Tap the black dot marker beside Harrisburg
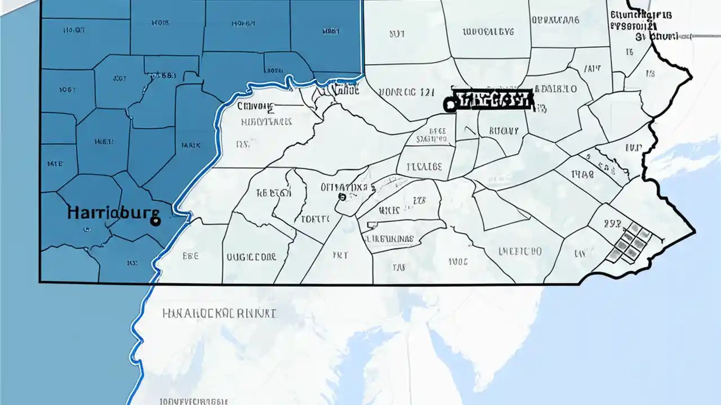coord(155,222)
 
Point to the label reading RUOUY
coord(503,130)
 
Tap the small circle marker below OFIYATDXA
coord(341,197)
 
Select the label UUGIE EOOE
coord(251,257)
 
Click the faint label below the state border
coord(219,313)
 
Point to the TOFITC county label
coord(315,219)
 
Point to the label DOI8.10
coord(555,89)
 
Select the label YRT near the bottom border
coord(340,255)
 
